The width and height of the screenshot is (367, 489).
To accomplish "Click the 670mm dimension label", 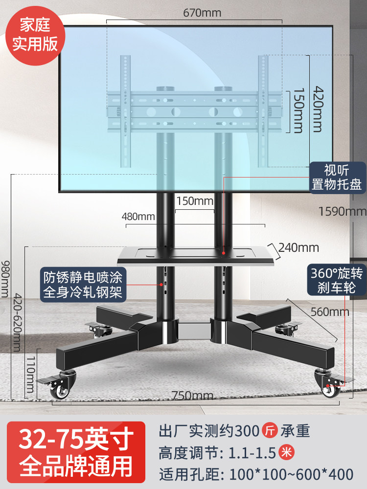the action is (x=202, y=13).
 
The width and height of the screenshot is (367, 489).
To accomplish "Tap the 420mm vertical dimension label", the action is (x=318, y=109).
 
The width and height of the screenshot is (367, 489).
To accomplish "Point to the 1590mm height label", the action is (x=343, y=211).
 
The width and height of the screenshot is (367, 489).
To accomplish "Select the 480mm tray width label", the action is (x=138, y=216).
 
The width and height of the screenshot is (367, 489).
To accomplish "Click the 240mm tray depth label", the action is (x=298, y=247).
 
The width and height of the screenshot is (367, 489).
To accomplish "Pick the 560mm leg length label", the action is (x=330, y=311).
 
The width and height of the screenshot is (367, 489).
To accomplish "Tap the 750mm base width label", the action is (x=192, y=396).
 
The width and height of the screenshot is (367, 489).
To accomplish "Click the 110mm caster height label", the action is (x=30, y=374).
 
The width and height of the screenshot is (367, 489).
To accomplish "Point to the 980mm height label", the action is (x=5, y=279).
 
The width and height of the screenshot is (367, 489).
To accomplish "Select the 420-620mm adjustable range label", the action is (x=18, y=322).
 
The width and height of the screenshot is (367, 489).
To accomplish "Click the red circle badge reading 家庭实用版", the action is (x=35, y=35).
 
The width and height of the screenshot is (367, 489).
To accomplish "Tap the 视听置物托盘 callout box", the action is (x=337, y=178).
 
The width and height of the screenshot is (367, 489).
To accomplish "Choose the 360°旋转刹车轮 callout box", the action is (x=337, y=280).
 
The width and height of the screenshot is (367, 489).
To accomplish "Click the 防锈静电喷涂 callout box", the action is (x=83, y=285).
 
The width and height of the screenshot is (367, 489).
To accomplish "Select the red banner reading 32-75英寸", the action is (x=76, y=452).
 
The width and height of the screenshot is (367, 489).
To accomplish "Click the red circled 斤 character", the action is (x=269, y=431).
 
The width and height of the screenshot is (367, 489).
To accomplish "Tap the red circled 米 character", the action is (x=286, y=452).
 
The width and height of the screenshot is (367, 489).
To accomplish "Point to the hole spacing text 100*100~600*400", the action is (x=292, y=474).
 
